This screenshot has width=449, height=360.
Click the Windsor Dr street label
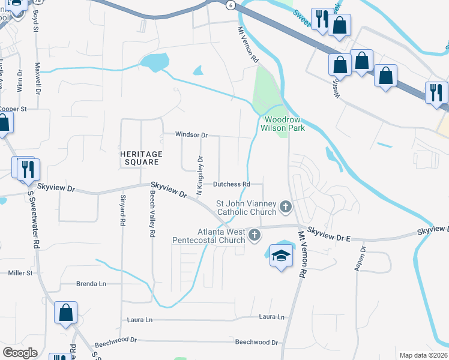[191, 135]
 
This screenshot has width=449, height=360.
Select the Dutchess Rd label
[231, 184]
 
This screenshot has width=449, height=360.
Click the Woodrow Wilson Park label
[284, 124]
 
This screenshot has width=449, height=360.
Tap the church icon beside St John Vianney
[285, 208]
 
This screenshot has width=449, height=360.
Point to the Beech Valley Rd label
[152, 212]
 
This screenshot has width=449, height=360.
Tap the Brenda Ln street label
[91, 284]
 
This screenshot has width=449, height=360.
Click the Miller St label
[20, 273]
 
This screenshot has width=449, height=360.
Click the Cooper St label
[13, 109]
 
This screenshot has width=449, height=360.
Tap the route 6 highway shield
[231, 4]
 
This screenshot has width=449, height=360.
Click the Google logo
[20, 352]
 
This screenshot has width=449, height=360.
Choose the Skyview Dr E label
[329, 235]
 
